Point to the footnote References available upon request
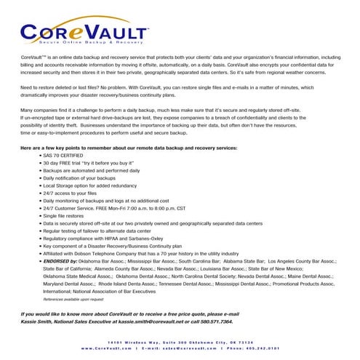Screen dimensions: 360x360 click(x=73, y=299)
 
